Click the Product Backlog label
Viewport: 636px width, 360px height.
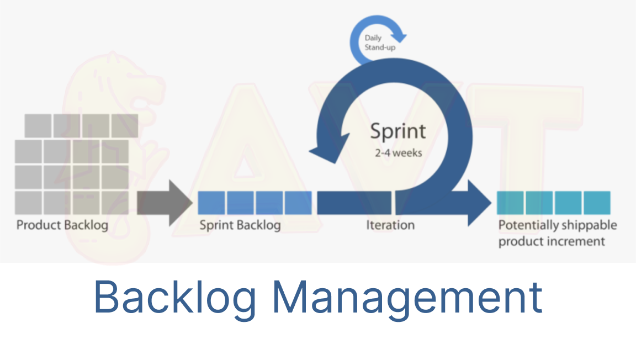coord(62,225)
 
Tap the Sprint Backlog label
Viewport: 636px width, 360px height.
coord(240,225)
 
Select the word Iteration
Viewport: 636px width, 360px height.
coord(390,225)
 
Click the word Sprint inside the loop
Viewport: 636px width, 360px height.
coord(397,131)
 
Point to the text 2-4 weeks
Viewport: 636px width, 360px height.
coord(398,152)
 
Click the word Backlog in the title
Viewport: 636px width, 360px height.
coord(175,297)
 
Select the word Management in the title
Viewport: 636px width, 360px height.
coord(407,297)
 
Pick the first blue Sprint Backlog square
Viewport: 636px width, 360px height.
coord(211,203)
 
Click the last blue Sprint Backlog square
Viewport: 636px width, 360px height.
coord(298,203)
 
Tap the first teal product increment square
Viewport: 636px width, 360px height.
coord(510,203)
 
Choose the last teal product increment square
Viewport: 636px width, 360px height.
coord(597,203)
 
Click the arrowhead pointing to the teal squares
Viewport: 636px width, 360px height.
coord(479,203)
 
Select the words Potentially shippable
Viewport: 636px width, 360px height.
coord(558,225)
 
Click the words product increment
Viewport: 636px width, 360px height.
coord(552,242)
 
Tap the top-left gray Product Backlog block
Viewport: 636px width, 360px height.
coord(39,126)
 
